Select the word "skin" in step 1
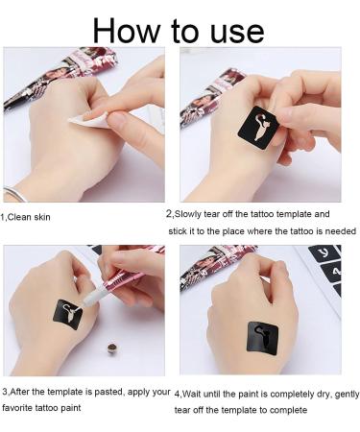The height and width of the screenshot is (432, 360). click(40, 217)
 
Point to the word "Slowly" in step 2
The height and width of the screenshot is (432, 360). click(192, 214)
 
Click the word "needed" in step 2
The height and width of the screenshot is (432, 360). click(338, 231)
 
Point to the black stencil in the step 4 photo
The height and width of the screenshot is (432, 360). click(260, 335)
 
